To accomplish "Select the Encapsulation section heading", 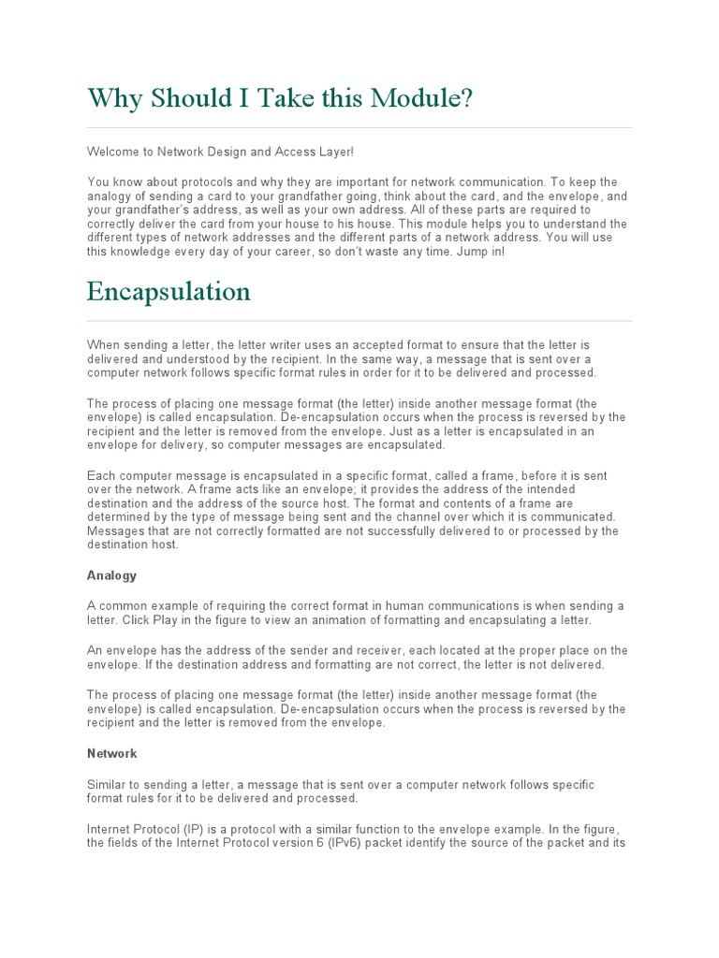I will coord(169,292).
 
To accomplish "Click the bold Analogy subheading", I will coord(111,575).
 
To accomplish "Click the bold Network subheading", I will coord(111,753).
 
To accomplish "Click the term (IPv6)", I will coord(346,843).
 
